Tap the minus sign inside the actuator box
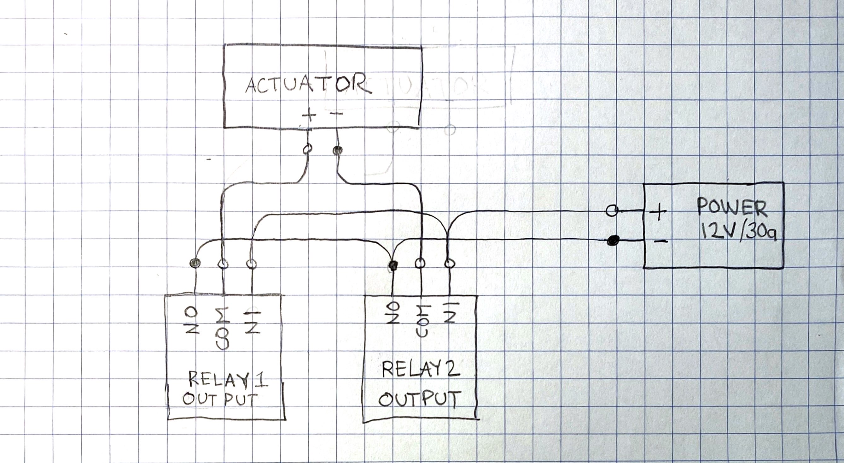tap(336, 114)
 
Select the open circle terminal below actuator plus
tap(307, 149)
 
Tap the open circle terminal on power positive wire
tap(611, 210)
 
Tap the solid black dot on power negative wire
tap(612, 241)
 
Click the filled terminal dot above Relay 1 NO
tap(195, 262)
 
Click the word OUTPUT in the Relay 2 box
tap(417, 399)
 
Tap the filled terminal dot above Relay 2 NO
tap(393, 264)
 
